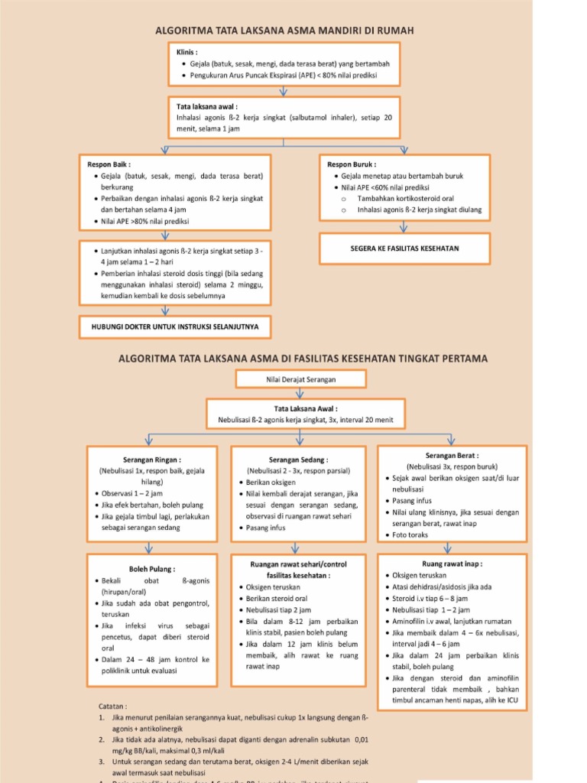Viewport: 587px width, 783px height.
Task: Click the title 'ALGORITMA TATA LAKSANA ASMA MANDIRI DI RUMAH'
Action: [x=284, y=31]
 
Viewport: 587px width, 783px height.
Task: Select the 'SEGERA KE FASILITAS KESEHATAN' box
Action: [x=404, y=249]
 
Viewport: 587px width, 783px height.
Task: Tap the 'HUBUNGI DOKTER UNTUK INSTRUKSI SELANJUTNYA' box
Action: [x=174, y=327]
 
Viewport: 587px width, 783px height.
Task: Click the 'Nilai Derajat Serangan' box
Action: [x=300, y=379]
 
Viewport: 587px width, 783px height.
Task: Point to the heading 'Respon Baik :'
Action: [x=109, y=164]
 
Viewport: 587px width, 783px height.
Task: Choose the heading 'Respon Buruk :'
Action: [x=352, y=164]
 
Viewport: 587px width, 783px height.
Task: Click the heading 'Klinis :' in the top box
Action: [x=187, y=52]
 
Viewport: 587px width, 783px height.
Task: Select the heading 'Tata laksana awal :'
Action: [x=207, y=106]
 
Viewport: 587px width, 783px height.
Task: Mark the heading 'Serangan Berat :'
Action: [x=452, y=455]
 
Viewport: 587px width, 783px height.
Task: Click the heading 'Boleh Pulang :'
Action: [x=152, y=569]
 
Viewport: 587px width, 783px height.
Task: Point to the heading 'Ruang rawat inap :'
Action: [x=452, y=564]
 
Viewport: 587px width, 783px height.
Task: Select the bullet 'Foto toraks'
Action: [x=412, y=535]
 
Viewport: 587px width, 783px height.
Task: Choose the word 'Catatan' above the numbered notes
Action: [x=112, y=706]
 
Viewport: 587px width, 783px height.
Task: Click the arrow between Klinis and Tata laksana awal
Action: [x=284, y=90]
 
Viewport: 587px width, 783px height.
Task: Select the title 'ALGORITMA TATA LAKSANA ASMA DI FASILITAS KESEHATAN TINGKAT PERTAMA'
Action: [x=303, y=357]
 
